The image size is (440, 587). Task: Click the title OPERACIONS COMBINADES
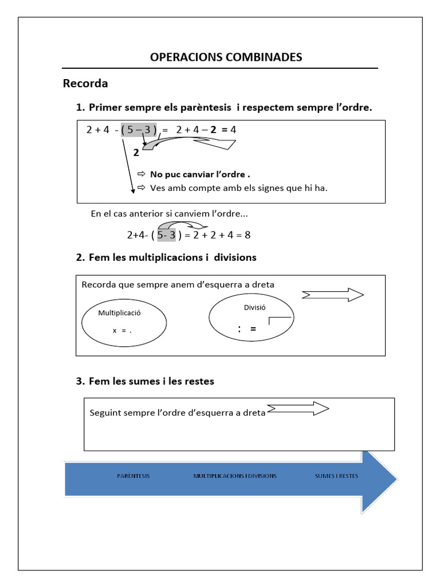point(226,57)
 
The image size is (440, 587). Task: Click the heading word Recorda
point(85,84)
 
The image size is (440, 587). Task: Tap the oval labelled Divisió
point(252,318)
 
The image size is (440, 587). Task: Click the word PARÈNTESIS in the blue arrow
point(133,476)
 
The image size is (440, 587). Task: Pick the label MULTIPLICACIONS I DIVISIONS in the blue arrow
point(235,476)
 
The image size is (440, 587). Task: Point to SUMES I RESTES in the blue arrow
point(336,476)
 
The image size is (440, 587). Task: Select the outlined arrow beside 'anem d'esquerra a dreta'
point(333,295)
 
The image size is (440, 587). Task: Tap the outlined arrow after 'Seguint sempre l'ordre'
point(298,409)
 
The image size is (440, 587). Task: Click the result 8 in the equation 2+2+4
point(247,235)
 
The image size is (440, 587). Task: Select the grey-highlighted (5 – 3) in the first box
point(139,130)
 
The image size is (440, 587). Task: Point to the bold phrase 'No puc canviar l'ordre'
point(200,174)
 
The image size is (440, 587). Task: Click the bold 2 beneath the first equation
point(136,153)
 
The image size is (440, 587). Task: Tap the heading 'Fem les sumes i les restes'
point(151,381)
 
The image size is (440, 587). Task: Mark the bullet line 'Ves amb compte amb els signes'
point(238,187)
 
